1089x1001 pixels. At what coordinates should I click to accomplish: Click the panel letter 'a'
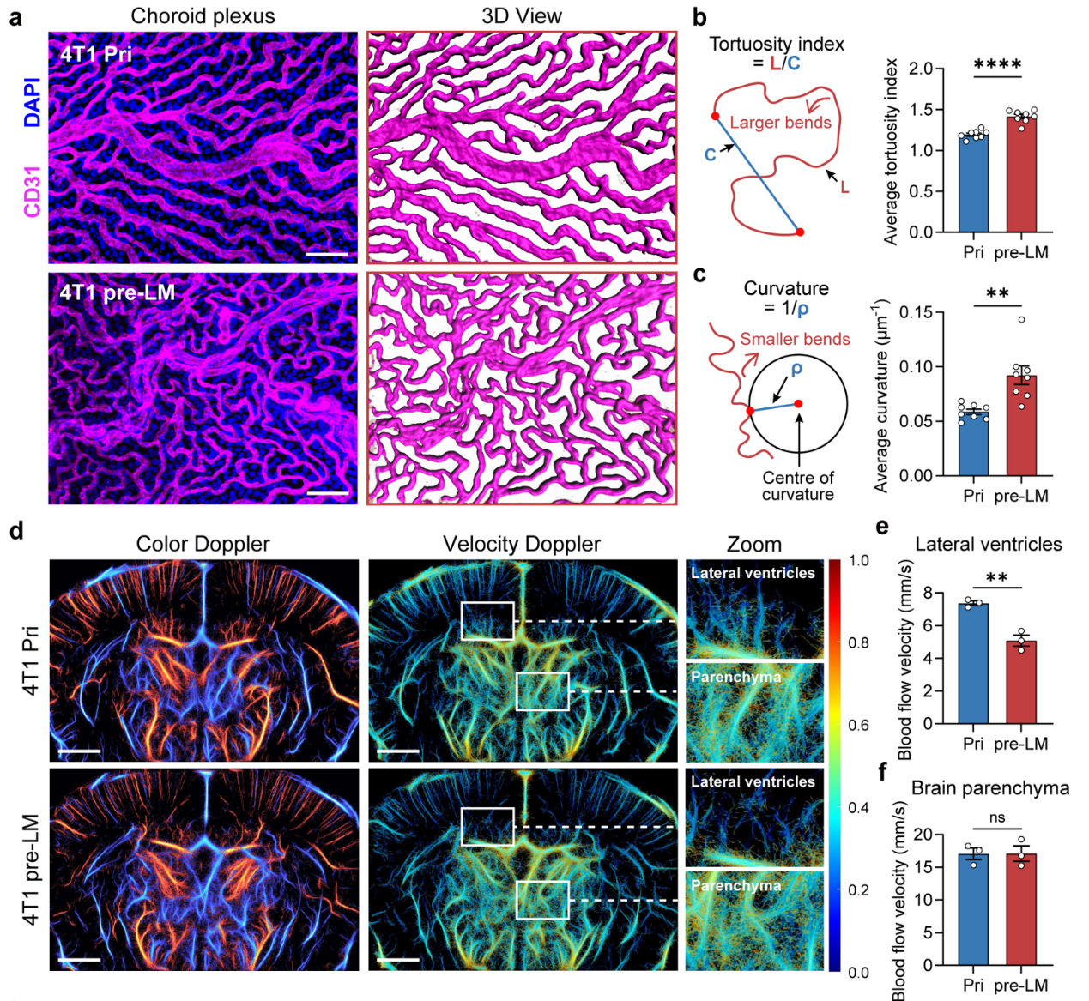[15, 17]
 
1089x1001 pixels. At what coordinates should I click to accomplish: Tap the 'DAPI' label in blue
[33, 102]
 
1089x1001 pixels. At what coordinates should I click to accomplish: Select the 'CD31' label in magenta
[33, 191]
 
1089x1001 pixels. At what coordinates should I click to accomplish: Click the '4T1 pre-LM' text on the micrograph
[117, 292]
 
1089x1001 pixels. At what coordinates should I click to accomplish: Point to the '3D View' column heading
[522, 16]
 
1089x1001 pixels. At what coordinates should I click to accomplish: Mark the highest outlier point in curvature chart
[1021, 320]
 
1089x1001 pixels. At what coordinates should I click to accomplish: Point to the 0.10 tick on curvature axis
[917, 366]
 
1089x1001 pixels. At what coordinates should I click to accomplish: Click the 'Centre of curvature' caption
[797, 486]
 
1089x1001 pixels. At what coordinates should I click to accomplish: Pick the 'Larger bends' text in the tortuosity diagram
[780, 123]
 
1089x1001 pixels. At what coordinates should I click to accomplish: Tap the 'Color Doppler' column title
[203, 544]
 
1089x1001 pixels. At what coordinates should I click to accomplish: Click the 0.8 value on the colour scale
[858, 643]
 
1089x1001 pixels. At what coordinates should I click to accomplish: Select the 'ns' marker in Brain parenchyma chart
[996, 817]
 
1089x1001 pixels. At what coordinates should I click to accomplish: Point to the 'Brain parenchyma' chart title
[990, 788]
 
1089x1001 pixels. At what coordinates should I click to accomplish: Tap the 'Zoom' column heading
[754, 544]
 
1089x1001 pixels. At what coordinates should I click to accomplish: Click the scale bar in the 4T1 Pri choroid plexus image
[327, 255]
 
